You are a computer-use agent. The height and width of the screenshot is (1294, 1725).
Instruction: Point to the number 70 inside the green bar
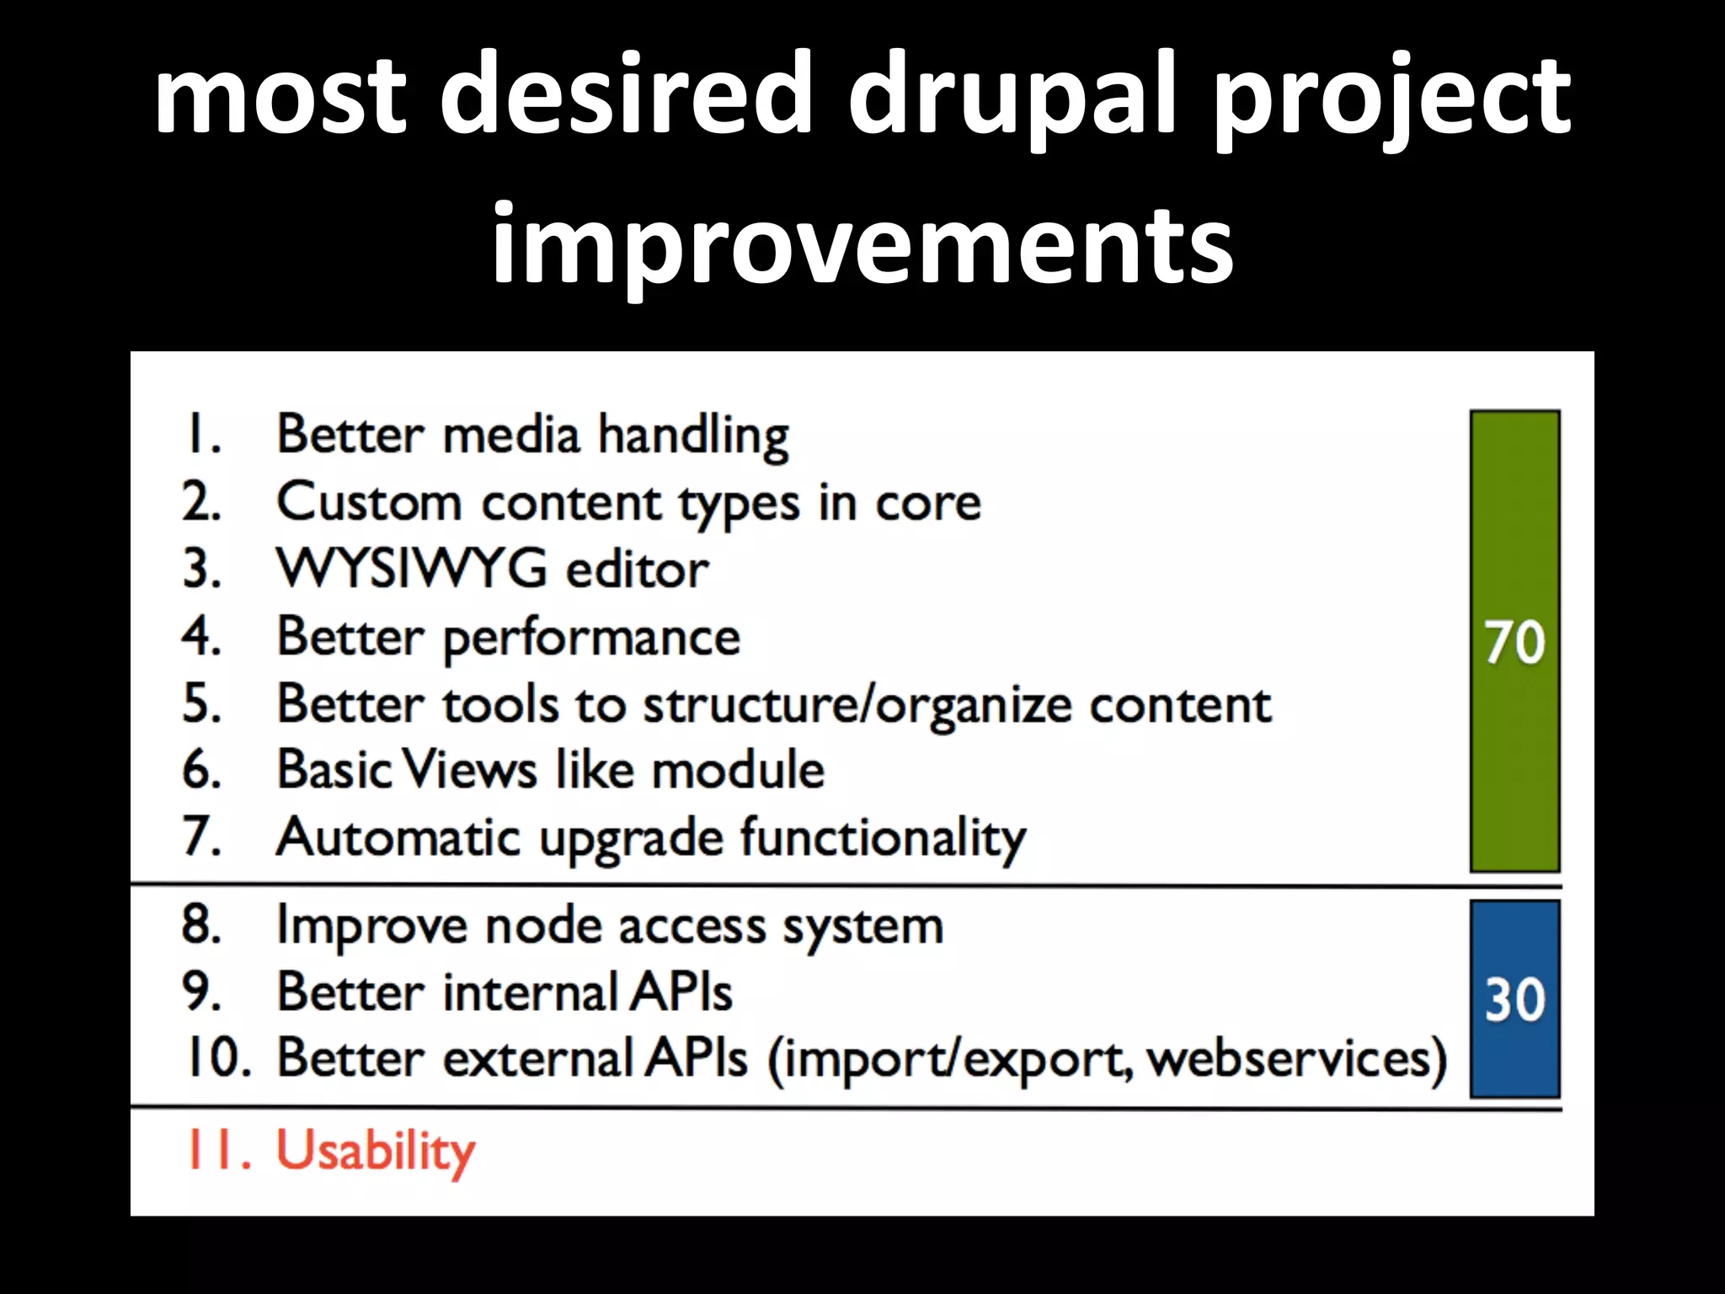1514,643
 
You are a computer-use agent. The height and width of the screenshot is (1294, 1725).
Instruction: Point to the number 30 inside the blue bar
1514,1000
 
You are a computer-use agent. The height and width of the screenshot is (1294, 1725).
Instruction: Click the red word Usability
376,1151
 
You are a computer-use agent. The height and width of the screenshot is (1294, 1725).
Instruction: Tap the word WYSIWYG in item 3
411,569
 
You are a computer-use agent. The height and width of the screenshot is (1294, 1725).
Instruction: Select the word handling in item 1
693,436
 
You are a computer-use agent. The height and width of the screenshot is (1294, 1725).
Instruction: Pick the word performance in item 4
591,638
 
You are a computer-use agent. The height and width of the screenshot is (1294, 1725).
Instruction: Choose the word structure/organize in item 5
857,705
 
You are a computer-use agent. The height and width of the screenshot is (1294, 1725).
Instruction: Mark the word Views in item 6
469,770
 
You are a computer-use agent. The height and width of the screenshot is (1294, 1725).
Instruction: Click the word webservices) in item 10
1297,1059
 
